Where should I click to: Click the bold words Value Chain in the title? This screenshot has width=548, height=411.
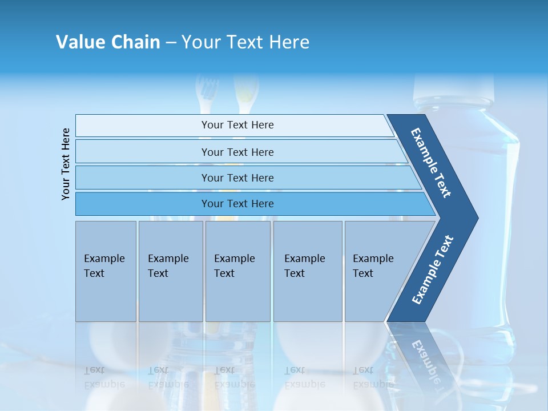[x=108, y=42]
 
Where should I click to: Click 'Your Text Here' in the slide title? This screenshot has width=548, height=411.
[x=245, y=42]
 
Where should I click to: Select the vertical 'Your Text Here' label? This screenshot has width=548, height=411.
[x=66, y=164]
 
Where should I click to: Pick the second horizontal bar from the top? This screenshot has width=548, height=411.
[x=237, y=152]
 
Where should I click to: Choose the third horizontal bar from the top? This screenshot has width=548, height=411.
[x=237, y=178]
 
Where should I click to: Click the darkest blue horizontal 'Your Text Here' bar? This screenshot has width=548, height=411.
[x=237, y=204]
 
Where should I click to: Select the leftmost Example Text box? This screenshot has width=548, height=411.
[x=106, y=271]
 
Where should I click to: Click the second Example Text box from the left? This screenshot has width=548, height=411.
[x=170, y=271]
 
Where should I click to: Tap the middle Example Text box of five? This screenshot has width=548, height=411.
[x=237, y=271]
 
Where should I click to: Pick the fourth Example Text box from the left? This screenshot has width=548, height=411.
[x=308, y=271]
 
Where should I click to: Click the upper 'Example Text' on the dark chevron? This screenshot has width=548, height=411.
[x=431, y=163]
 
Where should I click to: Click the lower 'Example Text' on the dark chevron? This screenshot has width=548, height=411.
[x=433, y=270]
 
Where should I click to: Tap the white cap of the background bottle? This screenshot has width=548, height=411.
[x=453, y=86]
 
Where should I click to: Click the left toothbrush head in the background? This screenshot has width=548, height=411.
[x=207, y=88]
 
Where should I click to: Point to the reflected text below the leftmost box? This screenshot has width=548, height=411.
[x=104, y=377]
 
